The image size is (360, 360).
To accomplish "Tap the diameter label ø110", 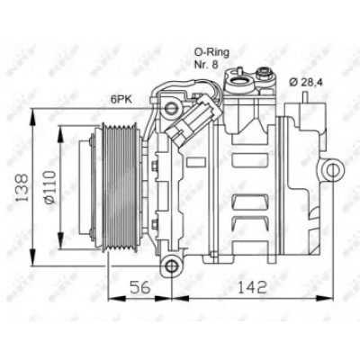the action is point(49,187).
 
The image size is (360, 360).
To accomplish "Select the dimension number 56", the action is point(139,287).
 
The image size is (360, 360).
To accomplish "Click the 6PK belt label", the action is point(121,99).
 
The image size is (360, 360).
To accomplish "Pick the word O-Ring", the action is point(211,53).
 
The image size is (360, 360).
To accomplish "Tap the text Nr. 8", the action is point(206,65).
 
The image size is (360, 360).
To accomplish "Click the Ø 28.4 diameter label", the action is point(306,82).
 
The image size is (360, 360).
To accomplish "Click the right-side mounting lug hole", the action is point(332,170).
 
